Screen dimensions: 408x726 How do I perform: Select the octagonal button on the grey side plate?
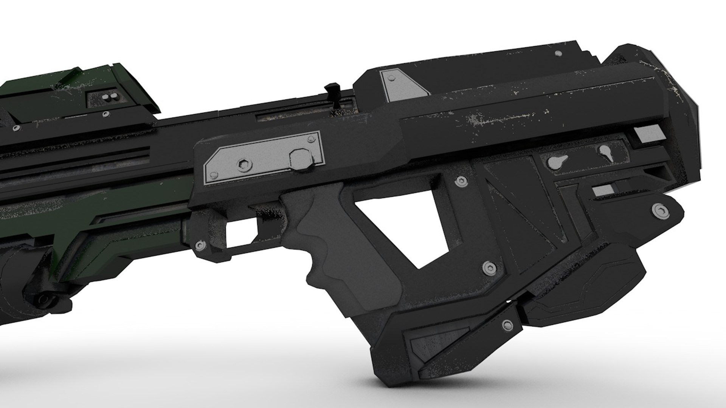point(299,158)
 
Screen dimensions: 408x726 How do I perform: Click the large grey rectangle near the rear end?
point(646,134)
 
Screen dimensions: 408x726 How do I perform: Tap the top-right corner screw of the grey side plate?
point(311,139)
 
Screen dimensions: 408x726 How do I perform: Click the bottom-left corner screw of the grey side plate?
point(214,175)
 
